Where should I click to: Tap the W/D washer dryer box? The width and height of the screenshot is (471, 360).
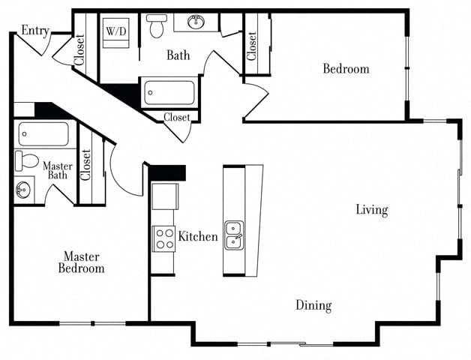(115, 32)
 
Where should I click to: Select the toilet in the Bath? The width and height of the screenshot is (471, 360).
(157, 26)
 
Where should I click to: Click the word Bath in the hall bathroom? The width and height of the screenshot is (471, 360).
(178, 55)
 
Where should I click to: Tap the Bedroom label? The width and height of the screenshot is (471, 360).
(346, 69)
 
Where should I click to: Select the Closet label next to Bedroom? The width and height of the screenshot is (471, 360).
(252, 46)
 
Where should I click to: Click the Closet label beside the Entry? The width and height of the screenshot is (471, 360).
(79, 52)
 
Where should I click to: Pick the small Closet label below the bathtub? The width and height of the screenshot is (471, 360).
(176, 117)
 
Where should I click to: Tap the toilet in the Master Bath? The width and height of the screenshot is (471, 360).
(27, 160)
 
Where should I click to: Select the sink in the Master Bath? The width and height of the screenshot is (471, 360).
(23, 189)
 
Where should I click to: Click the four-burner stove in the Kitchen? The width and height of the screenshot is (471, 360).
(163, 238)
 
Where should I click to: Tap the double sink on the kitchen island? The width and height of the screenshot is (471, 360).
(234, 233)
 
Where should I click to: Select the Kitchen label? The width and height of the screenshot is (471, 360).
(198, 237)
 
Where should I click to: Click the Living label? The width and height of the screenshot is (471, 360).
(371, 210)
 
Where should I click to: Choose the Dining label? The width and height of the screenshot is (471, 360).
(313, 305)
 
